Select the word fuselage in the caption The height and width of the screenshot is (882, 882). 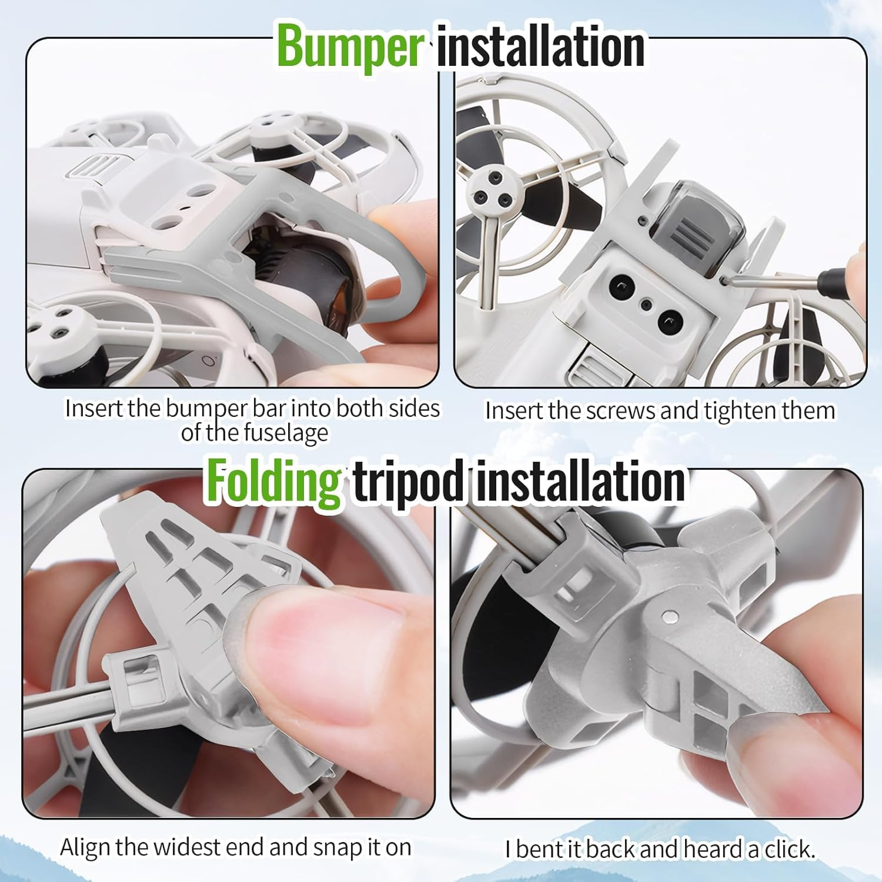286,434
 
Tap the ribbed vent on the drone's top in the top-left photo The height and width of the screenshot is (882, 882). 94,166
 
